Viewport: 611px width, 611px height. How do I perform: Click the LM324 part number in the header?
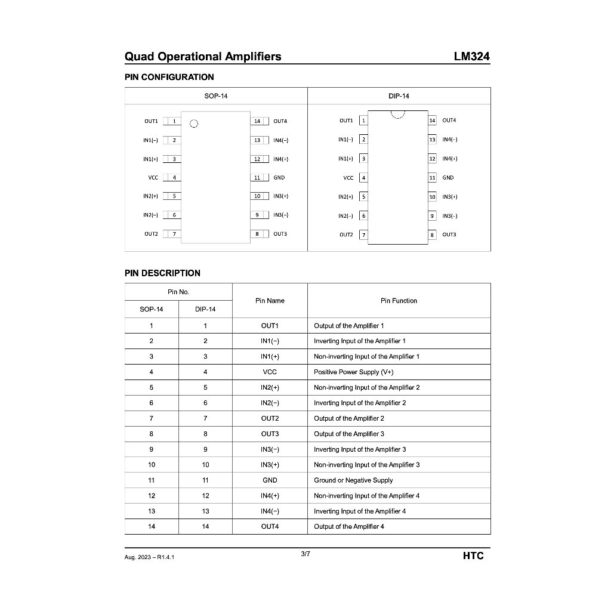[472, 57]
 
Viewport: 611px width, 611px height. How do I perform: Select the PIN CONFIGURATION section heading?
[169, 77]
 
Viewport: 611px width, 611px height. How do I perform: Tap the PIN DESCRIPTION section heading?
[162, 273]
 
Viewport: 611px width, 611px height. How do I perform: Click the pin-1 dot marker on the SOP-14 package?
[193, 124]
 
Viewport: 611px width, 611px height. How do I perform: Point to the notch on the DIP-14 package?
[397, 113]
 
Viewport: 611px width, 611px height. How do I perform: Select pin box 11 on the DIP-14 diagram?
[432, 178]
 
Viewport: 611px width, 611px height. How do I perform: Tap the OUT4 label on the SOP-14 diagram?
[280, 121]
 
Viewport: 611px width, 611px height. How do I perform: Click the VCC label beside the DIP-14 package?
[348, 178]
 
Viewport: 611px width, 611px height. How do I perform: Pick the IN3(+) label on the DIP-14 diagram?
[449, 197]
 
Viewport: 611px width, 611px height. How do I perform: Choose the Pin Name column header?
[270, 301]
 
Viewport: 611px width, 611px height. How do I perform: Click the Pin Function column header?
[399, 301]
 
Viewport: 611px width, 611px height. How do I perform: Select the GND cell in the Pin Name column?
[270, 480]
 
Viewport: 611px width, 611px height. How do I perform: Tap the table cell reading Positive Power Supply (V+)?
[353, 372]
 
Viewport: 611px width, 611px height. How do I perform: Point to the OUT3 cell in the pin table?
[270, 434]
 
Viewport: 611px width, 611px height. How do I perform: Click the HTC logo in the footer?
[473, 556]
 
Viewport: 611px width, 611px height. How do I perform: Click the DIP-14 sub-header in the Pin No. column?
[205, 309]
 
